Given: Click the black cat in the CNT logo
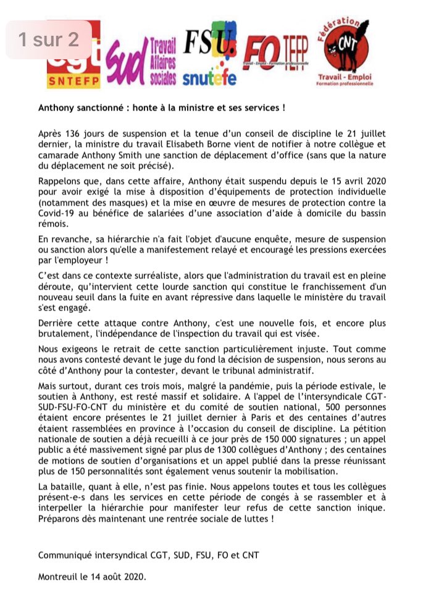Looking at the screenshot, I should [x=349, y=47].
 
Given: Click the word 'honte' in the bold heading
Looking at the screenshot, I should [x=175, y=107].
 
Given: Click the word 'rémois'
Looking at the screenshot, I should [x=52, y=225].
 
